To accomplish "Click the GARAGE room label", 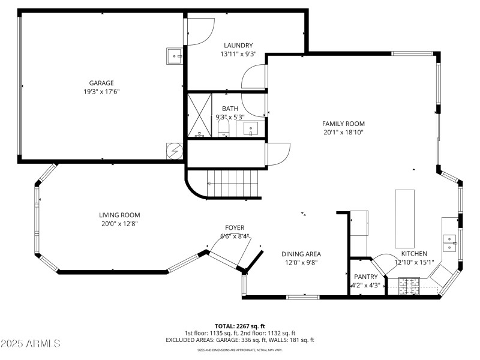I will (x=101, y=83).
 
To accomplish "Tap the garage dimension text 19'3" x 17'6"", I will (x=101, y=91).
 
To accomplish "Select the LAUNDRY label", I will (x=238, y=46).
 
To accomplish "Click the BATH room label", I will (x=230, y=109).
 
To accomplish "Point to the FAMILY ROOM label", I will (x=343, y=124).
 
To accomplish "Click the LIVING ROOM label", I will (x=119, y=215).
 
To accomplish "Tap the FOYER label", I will (x=234, y=227).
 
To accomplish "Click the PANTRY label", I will (x=365, y=277).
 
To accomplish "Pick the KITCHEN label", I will (x=414, y=254).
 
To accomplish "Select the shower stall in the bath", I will (x=200, y=115).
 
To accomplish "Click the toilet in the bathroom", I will (x=224, y=128).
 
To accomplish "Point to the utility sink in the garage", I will (x=175, y=56).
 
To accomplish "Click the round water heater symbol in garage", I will (x=174, y=151).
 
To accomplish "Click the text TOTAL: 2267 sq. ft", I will (x=240, y=326).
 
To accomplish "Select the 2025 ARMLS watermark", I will (x=31, y=343).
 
